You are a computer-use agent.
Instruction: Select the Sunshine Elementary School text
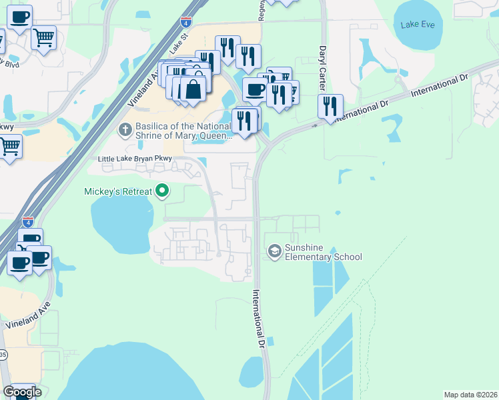pos(323,252)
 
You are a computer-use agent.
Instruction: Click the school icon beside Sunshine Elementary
pos(274,251)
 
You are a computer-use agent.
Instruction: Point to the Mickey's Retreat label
pos(117,192)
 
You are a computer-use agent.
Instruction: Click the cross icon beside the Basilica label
pos(123,128)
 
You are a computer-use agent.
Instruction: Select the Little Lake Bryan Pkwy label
pos(135,159)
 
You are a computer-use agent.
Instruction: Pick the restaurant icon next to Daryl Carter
pos(330,106)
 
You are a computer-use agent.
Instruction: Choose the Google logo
pos(22,392)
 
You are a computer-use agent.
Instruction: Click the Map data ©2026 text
pos(470,395)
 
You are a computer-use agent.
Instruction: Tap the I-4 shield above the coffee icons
pos(27,221)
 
